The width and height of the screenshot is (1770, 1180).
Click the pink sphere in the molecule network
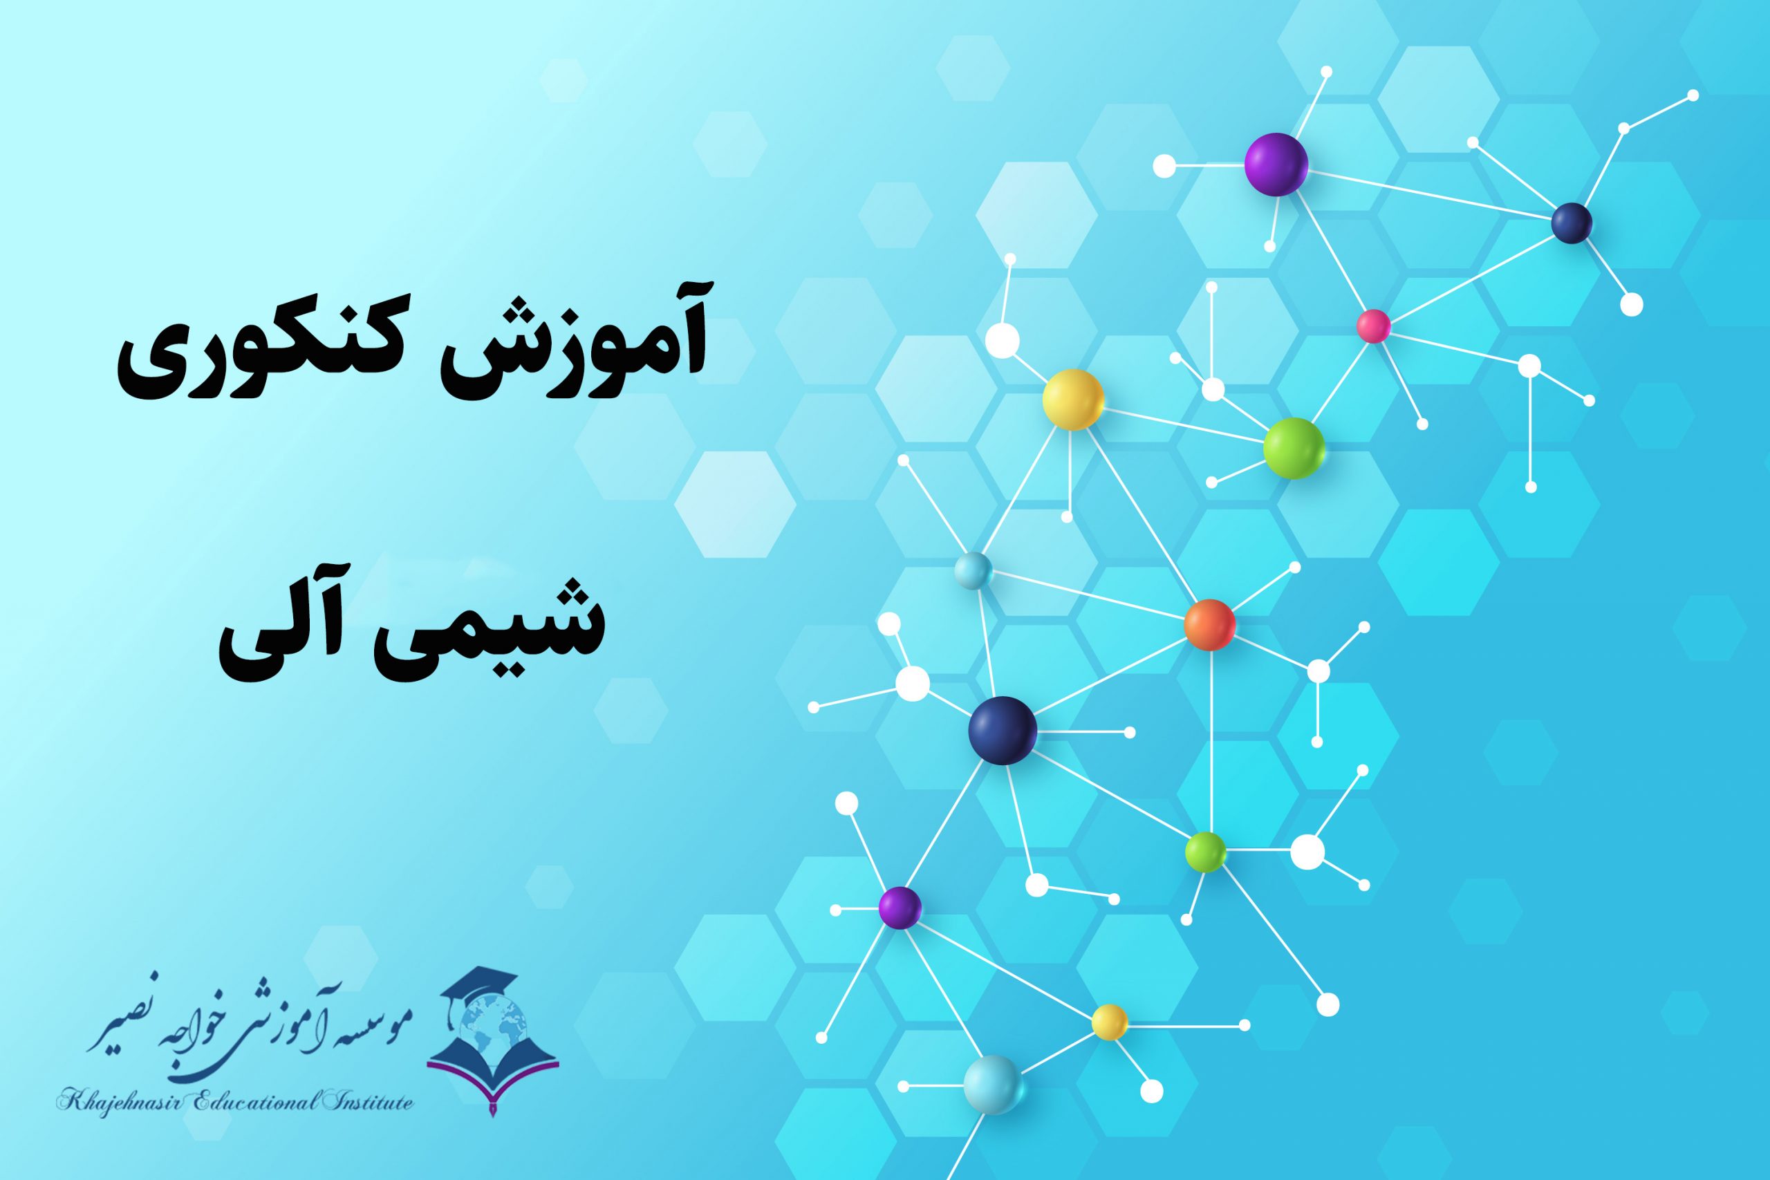pos(1372,326)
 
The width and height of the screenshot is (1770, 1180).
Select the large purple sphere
pos(1276,164)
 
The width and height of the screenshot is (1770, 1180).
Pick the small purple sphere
pos(900,908)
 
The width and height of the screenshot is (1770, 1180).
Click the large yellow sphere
pos(1072,400)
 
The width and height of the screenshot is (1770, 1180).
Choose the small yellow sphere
pos(1109,1022)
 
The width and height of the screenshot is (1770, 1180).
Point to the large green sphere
pos(1294,448)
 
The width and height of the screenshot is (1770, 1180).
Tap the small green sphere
pos(1206,852)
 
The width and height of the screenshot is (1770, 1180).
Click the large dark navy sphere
pos(1003,730)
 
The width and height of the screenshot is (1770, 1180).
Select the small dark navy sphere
pos(1572,223)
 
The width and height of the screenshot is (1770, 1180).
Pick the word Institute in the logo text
pos(369,1103)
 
